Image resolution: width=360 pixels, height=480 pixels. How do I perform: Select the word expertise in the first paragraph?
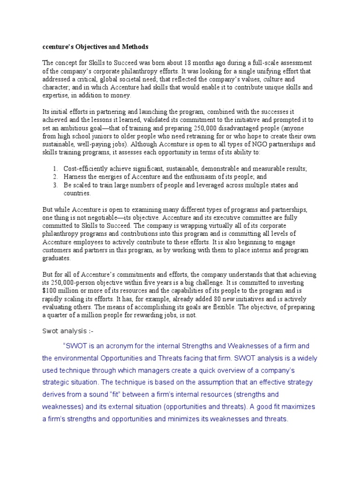56,95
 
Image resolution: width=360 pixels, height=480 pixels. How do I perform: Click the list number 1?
54,168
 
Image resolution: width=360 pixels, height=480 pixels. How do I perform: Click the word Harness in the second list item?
75,177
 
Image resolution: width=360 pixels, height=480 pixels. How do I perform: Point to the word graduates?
56,258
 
